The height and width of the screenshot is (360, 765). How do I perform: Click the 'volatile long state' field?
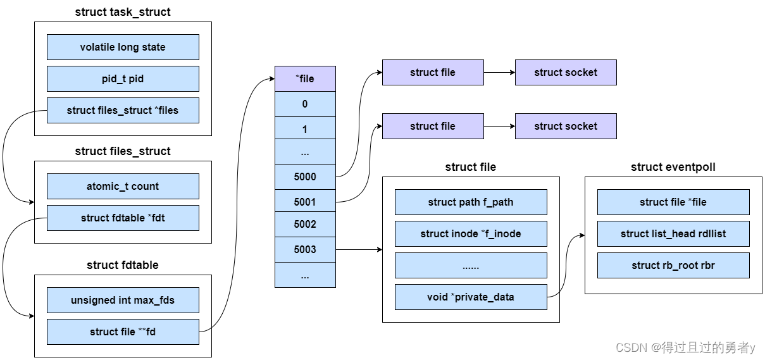pyautogui.click(x=123, y=47)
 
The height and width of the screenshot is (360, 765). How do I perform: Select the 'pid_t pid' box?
pyautogui.click(x=123, y=79)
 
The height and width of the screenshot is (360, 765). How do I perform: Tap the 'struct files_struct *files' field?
pyautogui.click(x=123, y=111)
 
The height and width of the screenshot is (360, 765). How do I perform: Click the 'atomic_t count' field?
pyautogui.click(x=123, y=187)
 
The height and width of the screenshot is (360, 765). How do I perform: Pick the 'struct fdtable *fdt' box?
pyautogui.click(x=123, y=218)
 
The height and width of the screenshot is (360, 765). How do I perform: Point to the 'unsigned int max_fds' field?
pyautogui.click(x=123, y=301)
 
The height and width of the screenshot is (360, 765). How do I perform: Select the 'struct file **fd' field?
pyautogui.click(x=123, y=332)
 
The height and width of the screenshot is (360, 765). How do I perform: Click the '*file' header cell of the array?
pyautogui.click(x=305, y=79)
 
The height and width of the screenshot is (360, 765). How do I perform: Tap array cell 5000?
pyautogui.click(x=305, y=177)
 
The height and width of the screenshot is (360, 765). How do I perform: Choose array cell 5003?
pyautogui.click(x=305, y=250)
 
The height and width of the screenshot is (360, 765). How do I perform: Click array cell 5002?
pyautogui.click(x=305, y=225)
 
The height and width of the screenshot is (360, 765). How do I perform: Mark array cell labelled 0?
pyautogui.click(x=305, y=104)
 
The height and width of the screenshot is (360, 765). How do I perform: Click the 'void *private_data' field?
pyautogui.click(x=471, y=297)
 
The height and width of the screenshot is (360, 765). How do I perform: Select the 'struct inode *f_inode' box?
pyautogui.click(x=471, y=234)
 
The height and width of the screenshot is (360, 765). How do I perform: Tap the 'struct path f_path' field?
pyautogui.click(x=471, y=202)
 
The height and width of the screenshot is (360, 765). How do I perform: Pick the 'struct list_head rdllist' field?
pyautogui.click(x=673, y=234)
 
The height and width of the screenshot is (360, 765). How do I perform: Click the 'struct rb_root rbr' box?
pyautogui.click(x=673, y=266)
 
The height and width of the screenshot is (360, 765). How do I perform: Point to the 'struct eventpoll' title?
pyautogui.click(x=673, y=167)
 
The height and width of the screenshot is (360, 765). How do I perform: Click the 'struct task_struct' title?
pyautogui.click(x=123, y=12)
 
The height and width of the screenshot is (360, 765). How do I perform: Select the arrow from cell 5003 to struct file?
pyautogui.click(x=359, y=250)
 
